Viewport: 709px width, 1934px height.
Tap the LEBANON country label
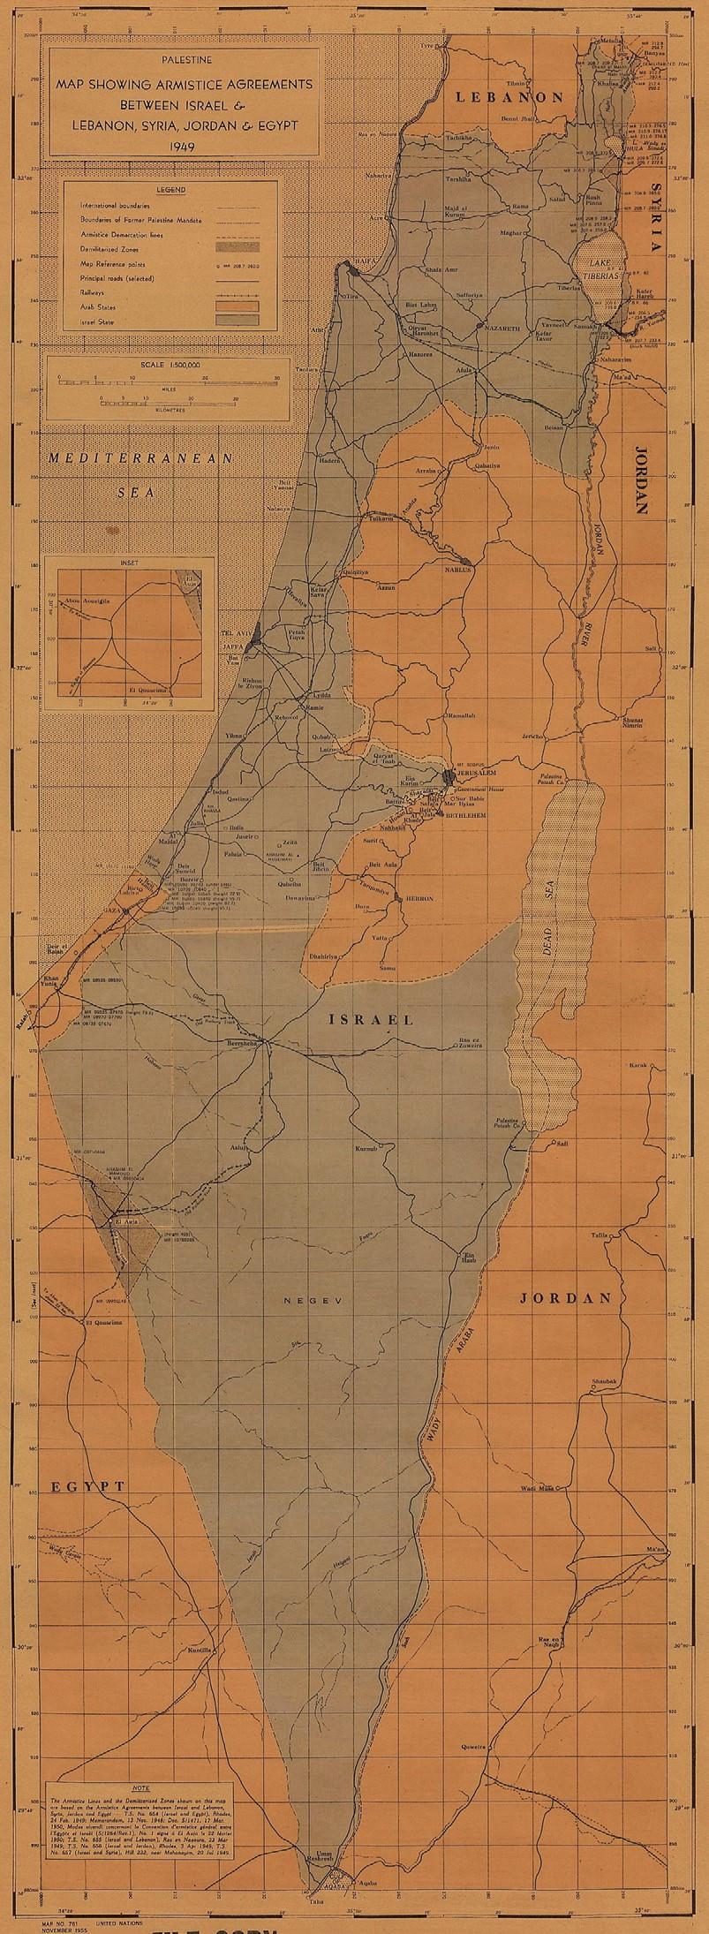click(509, 98)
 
